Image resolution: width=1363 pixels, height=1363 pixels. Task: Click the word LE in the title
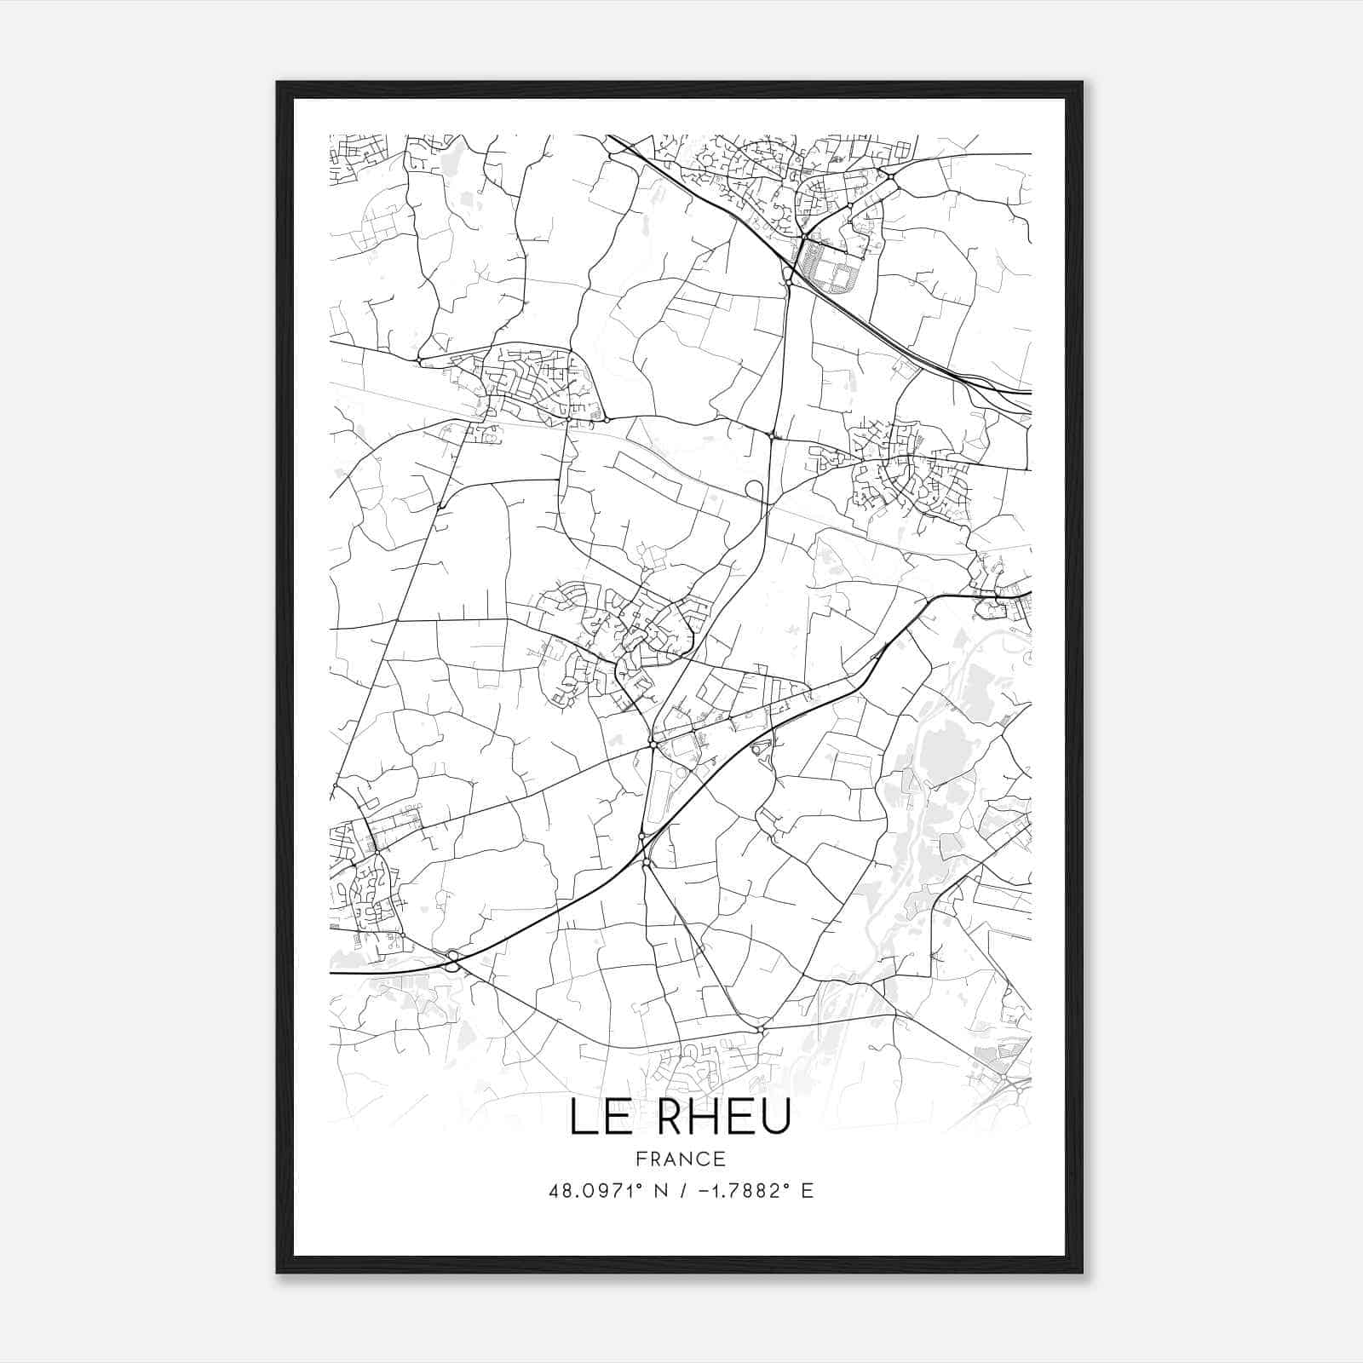(x=596, y=1117)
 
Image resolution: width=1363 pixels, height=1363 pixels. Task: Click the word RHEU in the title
(x=725, y=1117)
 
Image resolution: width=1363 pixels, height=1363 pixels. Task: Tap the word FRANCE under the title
(x=681, y=1159)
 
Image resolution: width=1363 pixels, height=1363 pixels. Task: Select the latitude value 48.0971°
(x=594, y=1190)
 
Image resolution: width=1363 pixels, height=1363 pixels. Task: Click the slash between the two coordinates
(x=681, y=1190)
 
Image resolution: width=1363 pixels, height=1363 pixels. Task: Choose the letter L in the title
(x=582, y=1117)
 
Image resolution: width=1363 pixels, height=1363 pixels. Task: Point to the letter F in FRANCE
(x=640, y=1159)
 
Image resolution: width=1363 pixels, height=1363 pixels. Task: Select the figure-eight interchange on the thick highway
(x=451, y=961)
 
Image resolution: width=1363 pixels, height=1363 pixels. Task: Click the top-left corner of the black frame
(x=278, y=83)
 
